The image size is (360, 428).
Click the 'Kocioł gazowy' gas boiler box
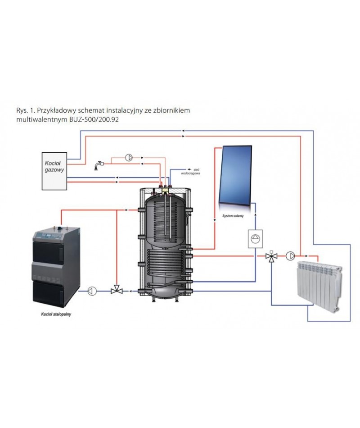(x=54, y=170)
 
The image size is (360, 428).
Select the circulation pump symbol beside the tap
(x=129, y=158)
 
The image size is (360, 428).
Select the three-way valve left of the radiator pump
(x=271, y=256)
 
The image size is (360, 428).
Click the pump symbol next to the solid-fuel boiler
(x=92, y=291)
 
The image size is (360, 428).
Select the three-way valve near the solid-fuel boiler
(x=117, y=291)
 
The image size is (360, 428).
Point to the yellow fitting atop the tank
(x=167, y=191)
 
